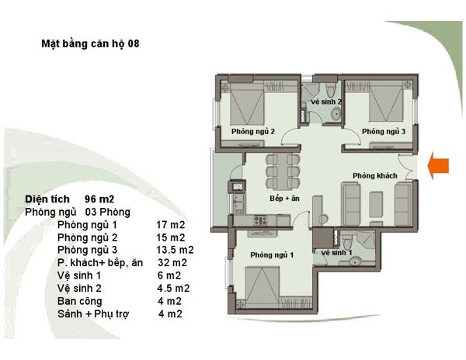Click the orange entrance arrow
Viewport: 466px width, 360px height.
(x=438, y=165)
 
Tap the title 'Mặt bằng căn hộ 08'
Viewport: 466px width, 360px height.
(x=90, y=43)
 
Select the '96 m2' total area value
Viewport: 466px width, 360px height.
(x=99, y=199)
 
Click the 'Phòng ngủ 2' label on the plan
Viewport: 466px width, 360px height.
(x=253, y=131)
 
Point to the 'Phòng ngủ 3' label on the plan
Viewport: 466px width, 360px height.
(x=384, y=131)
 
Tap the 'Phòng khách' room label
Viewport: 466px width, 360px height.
(x=375, y=175)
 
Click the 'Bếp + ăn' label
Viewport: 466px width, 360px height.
(x=284, y=199)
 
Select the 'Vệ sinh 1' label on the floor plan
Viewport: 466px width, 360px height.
(x=337, y=253)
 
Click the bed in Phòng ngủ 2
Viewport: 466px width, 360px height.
(x=247, y=104)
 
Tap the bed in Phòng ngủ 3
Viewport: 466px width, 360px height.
(x=386, y=101)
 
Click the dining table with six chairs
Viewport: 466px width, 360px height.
(x=283, y=171)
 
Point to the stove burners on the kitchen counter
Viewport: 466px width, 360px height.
(x=261, y=220)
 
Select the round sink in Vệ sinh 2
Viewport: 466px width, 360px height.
(x=336, y=114)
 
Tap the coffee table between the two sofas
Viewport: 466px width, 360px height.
(x=376, y=205)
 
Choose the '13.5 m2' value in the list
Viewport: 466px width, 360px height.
(x=175, y=250)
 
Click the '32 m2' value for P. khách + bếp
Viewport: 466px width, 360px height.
(x=172, y=263)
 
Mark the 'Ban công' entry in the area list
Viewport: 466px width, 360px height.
(x=80, y=301)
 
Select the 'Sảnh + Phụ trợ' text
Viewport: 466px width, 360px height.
(x=93, y=314)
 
